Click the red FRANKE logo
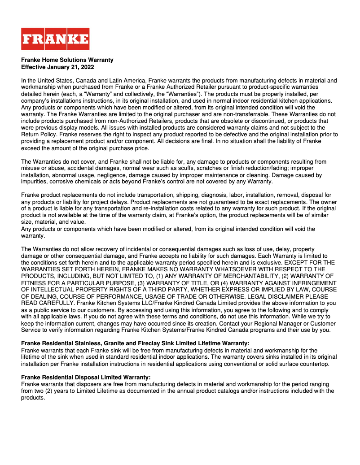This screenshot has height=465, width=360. [55, 39]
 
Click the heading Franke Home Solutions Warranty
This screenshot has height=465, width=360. [67, 60]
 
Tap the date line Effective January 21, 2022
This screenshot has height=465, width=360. [57, 67]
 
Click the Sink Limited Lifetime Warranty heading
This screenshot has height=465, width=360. [135, 343]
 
